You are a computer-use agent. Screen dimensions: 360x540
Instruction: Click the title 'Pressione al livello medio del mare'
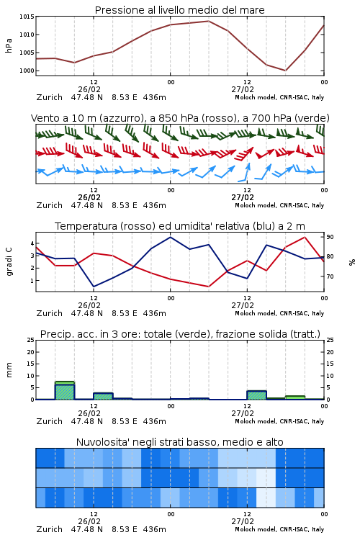[x=179, y=10]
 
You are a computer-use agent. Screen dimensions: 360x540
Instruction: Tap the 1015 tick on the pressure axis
[x=27, y=17]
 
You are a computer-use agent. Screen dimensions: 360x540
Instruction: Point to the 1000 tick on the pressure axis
[x=27, y=71]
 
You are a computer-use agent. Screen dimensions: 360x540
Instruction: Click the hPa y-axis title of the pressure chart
[x=9, y=45]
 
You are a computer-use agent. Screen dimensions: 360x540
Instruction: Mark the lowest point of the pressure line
[x=285, y=71]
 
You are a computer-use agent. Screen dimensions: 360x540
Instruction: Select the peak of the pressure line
[x=208, y=21]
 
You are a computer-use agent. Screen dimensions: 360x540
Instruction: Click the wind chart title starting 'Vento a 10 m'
[x=180, y=118]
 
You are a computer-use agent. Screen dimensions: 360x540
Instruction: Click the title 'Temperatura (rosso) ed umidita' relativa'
[x=180, y=226]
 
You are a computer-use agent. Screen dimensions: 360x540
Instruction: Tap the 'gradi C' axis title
[x=9, y=261]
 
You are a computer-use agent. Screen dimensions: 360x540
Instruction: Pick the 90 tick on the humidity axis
[x=330, y=237]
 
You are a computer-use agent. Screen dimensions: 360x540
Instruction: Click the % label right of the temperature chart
[x=352, y=262]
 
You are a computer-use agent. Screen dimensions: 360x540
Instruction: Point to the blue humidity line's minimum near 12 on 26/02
[x=94, y=287]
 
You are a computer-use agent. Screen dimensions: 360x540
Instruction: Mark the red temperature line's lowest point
[x=208, y=287]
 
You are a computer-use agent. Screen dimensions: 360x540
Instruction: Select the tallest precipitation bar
[x=65, y=390]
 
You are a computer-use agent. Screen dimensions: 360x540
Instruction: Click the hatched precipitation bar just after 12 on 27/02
[x=256, y=395]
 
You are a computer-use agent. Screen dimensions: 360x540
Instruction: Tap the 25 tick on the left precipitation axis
[x=31, y=340]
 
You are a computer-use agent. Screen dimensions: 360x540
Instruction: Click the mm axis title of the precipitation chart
[x=9, y=370]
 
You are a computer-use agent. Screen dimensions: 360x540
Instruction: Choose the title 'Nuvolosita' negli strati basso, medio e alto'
[x=179, y=442]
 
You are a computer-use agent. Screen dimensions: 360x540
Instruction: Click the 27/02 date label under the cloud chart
[x=243, y=521]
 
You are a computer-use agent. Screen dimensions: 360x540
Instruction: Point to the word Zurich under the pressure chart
[x=50, y=97]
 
